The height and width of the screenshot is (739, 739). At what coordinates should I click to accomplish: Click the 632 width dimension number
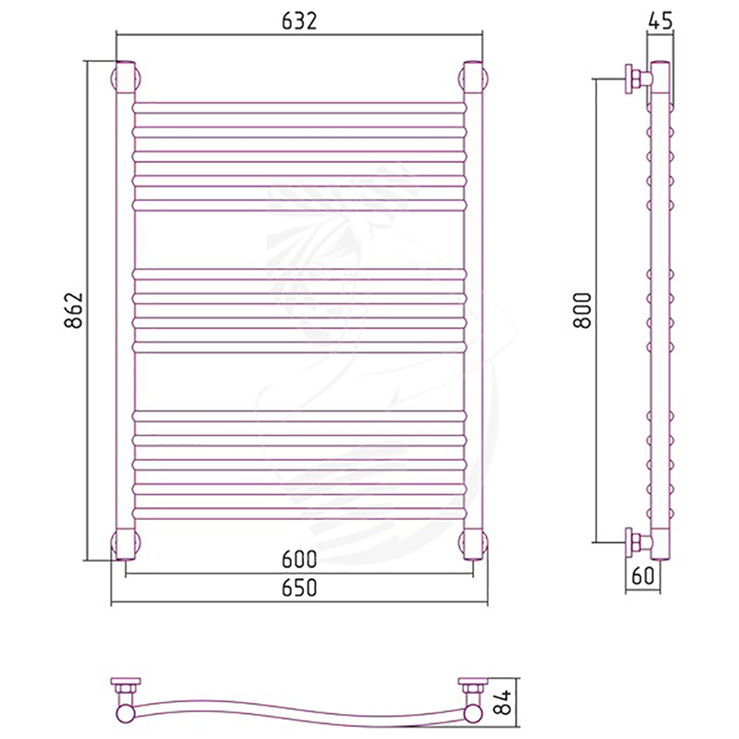299,21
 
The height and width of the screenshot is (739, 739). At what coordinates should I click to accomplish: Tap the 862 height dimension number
74,310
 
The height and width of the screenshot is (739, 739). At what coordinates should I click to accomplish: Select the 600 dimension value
299,560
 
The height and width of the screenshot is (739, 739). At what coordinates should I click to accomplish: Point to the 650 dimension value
299,588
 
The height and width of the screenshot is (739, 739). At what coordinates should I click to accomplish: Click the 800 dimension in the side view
583,310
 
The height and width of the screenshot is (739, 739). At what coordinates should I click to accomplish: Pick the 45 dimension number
660,21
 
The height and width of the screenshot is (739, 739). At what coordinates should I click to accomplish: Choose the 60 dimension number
643,575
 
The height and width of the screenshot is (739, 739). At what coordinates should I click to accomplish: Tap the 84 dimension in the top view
503,702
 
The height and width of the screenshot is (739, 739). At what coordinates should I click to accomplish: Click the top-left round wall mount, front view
126,78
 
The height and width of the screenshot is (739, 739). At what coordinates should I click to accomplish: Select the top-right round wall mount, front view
473,78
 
